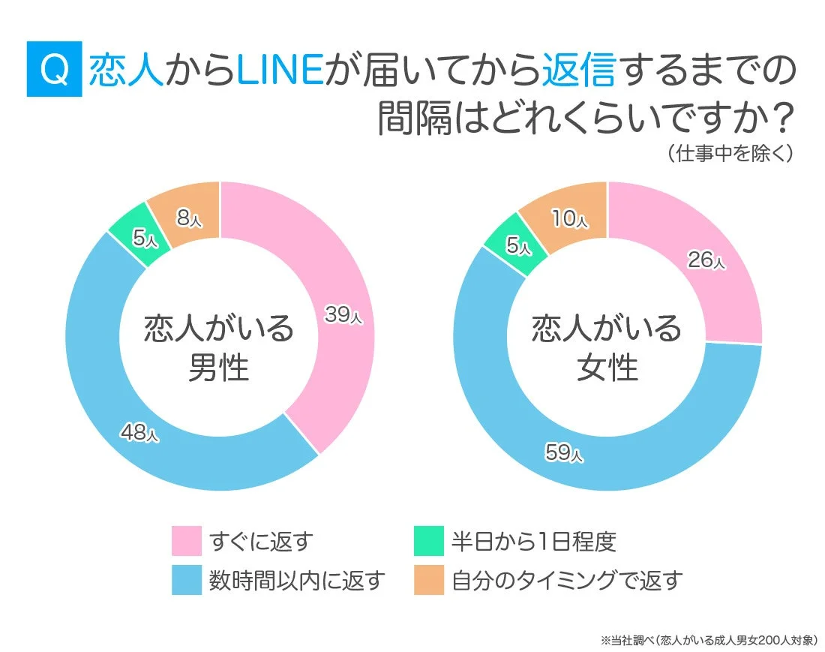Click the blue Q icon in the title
point(53,70)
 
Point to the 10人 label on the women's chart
point(571,218)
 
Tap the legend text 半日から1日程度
point(533,540)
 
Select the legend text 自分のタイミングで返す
point(567,580)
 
